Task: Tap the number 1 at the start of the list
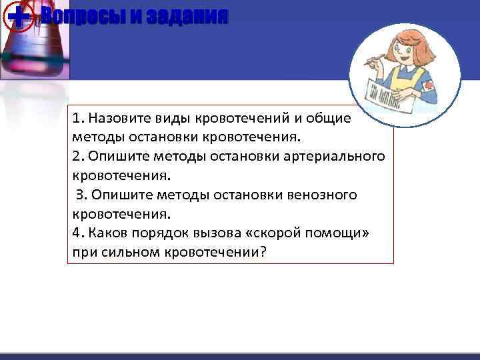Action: click(x=77, y=118)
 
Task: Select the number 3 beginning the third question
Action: click(x=81, y=195)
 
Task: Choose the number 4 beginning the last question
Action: click(x=77, y=233)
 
